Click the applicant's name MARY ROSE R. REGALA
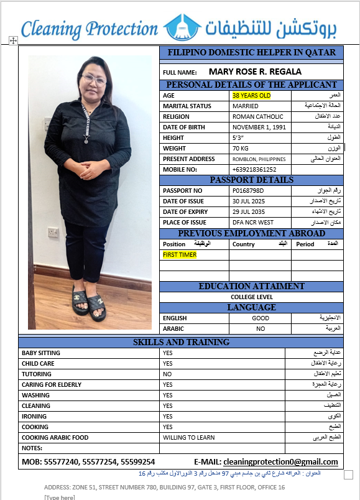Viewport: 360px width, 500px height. click(255, 72)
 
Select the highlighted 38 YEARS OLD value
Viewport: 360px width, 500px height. click(251, 96)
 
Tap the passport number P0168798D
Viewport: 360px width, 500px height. click(248, 190)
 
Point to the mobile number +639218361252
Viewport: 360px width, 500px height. click(254, 169)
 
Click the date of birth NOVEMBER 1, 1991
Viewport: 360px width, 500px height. click(259, 127)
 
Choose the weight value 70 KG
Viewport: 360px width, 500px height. click(240, 149)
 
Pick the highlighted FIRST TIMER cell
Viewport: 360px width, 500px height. click(180, 255)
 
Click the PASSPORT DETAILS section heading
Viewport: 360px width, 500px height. click(251, 180)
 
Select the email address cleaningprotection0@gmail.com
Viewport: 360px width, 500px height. click(280, 462)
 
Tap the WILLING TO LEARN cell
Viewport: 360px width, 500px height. click(188, 437)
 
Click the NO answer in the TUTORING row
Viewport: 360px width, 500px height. click(167, 374)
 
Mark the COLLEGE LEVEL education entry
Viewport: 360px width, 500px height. click(251, 297)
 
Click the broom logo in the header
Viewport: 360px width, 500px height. click(182, 27)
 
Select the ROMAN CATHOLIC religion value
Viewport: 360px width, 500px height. click(257, 116)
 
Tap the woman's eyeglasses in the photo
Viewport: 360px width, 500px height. click(95, 80)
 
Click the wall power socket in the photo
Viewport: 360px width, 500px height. click(53, 232)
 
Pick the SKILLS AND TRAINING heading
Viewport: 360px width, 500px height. click(181, 342)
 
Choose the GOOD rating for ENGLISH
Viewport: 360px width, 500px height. click(260, 318)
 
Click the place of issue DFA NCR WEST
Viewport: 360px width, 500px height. click(252, 222)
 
